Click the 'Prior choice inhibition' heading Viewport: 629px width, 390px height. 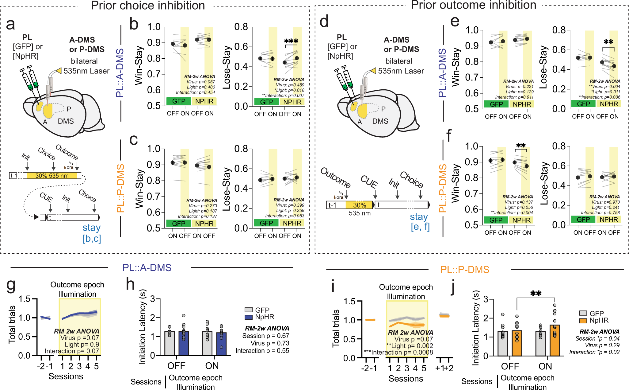[148, 6]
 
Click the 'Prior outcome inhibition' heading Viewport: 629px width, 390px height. [473, 5]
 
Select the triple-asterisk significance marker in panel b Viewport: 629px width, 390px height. [291, 41]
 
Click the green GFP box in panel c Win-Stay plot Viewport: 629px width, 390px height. [178, 223]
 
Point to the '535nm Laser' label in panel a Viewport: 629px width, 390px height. [86, 71]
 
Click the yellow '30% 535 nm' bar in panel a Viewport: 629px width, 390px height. [52, 176]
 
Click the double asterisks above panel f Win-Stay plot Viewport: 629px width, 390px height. [521, 145]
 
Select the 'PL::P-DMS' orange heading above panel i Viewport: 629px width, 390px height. [464, 270]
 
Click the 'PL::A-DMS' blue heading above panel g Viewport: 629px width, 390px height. [147, 267]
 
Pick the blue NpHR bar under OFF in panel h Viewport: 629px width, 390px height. [184, 343]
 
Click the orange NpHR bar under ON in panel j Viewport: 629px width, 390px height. [555, 340]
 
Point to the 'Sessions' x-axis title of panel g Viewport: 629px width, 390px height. [66, 376]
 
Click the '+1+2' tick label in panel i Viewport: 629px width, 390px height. [444, 368]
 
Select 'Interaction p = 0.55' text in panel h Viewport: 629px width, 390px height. [262, 351]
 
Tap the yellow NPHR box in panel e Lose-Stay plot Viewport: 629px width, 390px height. [609, 104]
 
